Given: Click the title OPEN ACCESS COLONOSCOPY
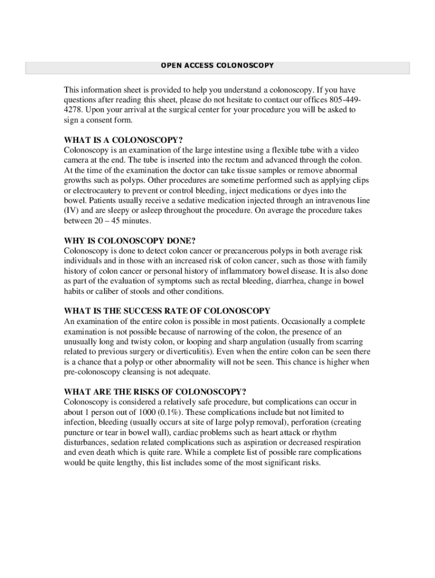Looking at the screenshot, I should pyautogui.click(x=217, y=65).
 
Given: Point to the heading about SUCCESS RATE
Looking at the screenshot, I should pyautogui.click(x=167, y=311).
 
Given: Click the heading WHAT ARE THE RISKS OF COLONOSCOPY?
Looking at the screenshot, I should pyautogui.click(x=155, y=392).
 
